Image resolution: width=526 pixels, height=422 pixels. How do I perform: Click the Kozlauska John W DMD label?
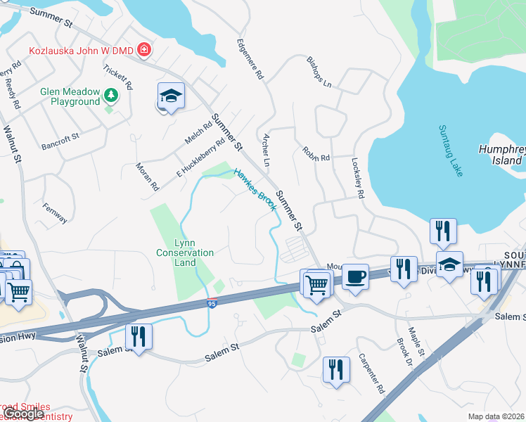point(81,50)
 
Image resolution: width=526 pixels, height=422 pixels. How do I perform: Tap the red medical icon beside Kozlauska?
point(144,50)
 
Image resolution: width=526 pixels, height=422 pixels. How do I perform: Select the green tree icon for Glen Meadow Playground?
point(110,94)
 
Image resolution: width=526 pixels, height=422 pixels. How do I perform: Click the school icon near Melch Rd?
point(170,96)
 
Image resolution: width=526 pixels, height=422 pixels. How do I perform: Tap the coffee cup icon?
point(356,275)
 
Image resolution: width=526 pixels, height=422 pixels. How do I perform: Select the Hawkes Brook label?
point(254,189)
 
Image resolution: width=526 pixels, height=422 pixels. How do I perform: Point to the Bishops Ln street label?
point(318,72)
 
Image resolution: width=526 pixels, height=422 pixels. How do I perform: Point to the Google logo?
point(24,414)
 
